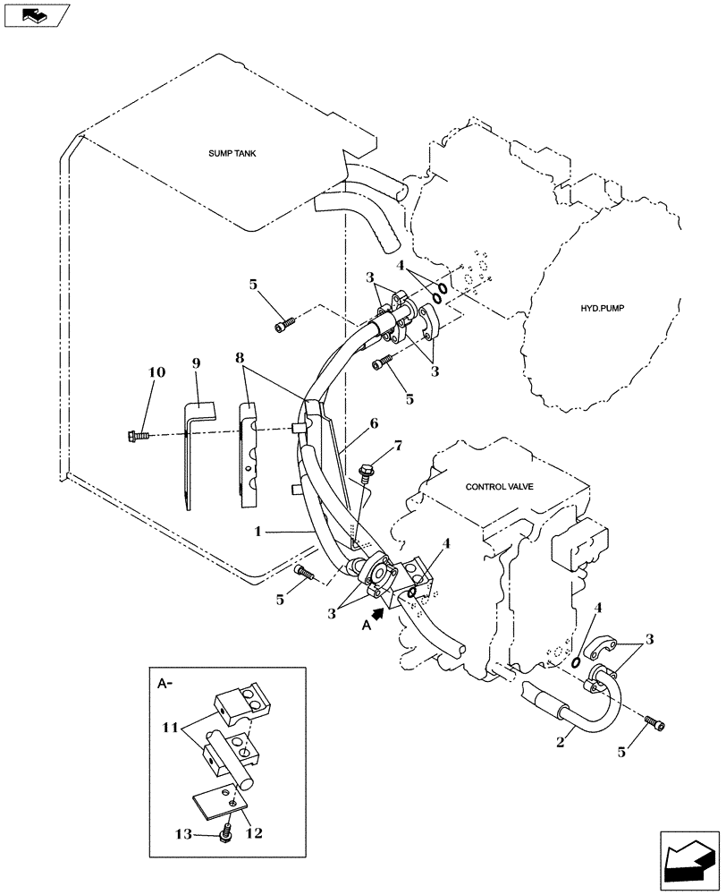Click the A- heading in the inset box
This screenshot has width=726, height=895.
point(165,684)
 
